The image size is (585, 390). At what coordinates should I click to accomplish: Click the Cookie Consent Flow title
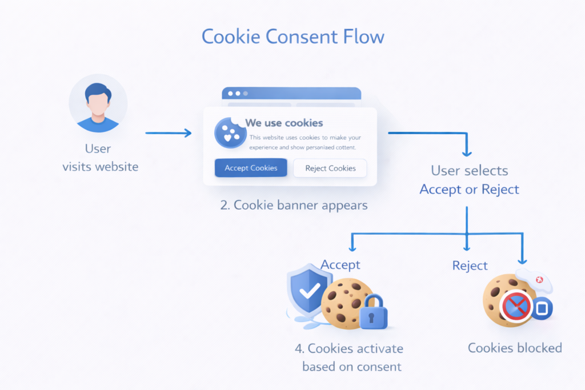[x=292, y=37]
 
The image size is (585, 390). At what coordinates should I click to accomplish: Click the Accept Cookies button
[x=251, y=168]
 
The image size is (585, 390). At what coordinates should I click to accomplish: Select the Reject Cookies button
[x=330, y=168]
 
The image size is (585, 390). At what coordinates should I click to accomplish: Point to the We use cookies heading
[x=284, y=123]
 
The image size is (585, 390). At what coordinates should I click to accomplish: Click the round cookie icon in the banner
[x=230, y=133]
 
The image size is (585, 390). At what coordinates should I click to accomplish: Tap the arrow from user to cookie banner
[x=168, y=133]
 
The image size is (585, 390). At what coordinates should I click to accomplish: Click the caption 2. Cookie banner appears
[x=294, y=205]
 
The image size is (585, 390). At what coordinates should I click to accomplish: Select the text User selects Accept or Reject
[x=469, y=180]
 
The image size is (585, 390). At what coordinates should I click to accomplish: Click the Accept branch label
[x=340, y=265]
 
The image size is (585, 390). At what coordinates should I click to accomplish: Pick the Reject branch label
[x=470, y=266]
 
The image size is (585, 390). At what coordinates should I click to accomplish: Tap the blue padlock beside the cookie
[x=374, y=312]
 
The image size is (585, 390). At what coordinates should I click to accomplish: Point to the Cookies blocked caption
[x=515, y=348]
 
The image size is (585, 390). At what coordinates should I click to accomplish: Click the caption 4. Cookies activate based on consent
[x=350, y=357]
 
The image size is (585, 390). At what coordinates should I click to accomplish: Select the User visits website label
[x=100, y=158]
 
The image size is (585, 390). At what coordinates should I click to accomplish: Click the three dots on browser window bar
[x=238, y=93]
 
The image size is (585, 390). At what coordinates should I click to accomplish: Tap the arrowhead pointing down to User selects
[x=467, y=152]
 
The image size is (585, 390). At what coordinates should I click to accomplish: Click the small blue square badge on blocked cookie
[x=542, y=309]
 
